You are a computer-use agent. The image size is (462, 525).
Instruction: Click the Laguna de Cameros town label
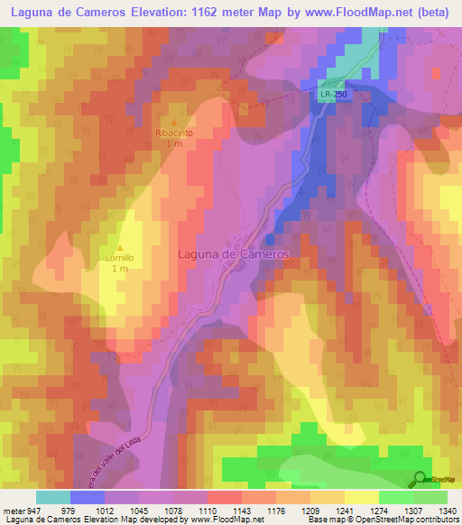pos(233,254)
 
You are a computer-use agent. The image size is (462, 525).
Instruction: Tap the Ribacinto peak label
pos(175,133)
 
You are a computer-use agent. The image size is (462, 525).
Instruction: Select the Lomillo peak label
pos(119,258)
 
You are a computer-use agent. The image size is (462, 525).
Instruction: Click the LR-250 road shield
pos(332,93)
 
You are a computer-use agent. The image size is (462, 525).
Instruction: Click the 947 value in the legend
pos(35,511)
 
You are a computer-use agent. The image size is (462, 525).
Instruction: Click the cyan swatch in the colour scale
pos(53,497)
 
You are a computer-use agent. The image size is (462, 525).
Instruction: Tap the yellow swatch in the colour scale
pos(361,497)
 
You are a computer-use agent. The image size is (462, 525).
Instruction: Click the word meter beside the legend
pos(14,511)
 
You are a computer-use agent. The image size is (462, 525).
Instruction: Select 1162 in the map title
pos(226,14)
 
